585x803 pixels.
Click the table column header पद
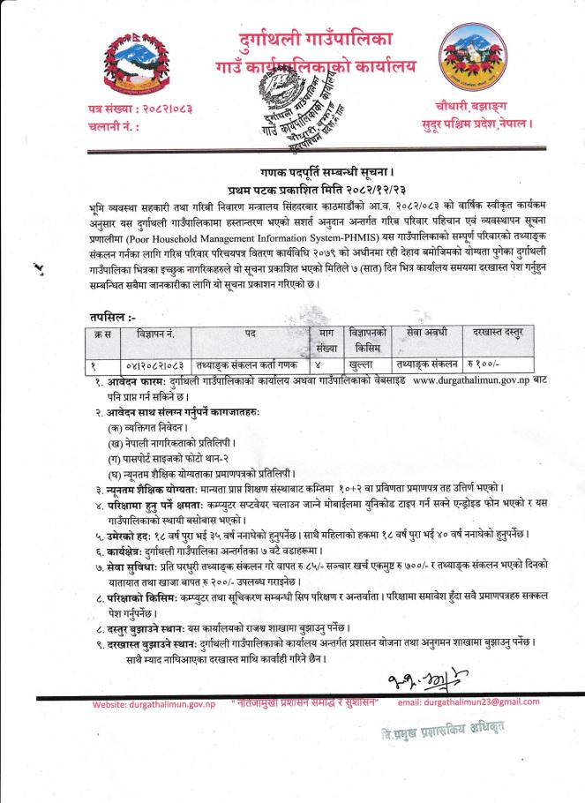coord(251,334)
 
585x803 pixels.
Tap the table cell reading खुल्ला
coord(363,364)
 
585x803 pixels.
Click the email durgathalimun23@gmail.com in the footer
coord(469,702)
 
